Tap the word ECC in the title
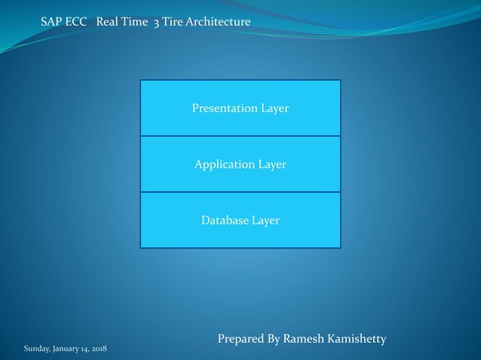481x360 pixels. tap(78, 23)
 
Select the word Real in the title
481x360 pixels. tap(109, 23)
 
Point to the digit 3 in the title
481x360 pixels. tap(156, 23)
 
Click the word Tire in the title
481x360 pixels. tap(173, 23)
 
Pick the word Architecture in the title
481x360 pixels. tap(218, 23)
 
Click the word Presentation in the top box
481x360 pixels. tap(225, 108)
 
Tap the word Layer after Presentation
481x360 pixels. tap(275, 108)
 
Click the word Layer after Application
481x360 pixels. tap(271, 164)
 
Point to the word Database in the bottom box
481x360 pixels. tap(225, 221)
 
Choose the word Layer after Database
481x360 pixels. tap(265, 221)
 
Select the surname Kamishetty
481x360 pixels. tap(360, 339)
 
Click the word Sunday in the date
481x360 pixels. tap(36, 349)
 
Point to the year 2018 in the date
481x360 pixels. tap(97, 349)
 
